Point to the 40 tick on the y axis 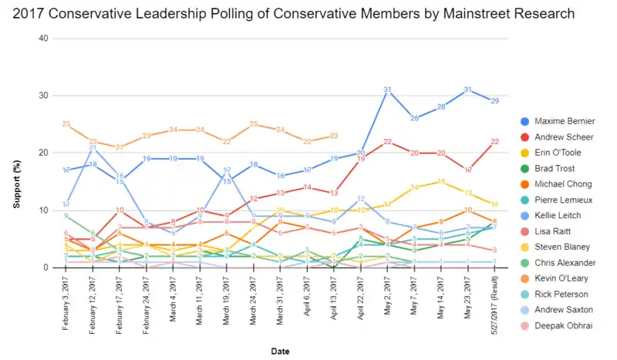click(x=43, y=39)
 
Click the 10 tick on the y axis click(x=43, y=210)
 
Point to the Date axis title click(x=281, y=351)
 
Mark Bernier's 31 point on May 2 click(x=388, y=90)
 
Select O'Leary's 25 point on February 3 click(x=67, y=124)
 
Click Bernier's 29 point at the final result click(x=494, y=101)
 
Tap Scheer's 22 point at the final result click(x=494, y=141)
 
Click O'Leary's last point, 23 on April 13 click(x=335, y=136)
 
